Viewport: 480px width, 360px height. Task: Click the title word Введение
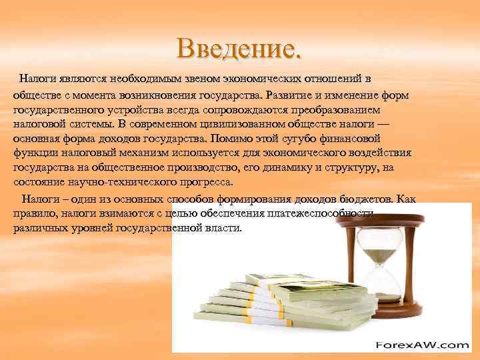[239, 47]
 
